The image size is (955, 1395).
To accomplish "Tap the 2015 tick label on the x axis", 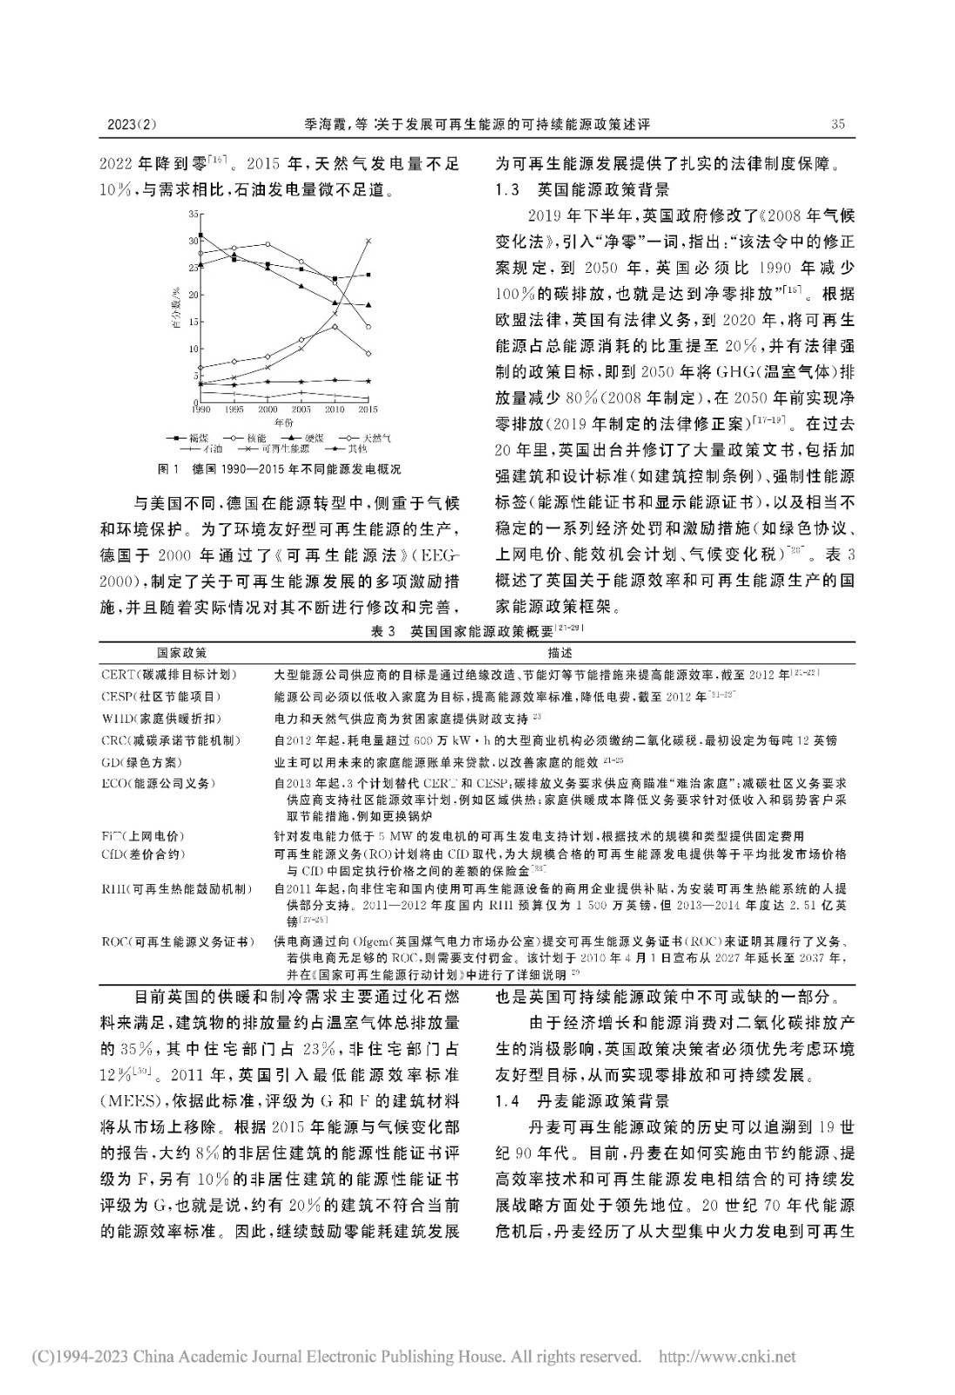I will [368, 409].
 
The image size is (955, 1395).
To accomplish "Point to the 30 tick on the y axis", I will [193, 241].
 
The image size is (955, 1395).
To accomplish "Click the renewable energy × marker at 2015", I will [368, 241].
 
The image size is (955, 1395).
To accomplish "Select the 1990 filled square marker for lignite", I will [201, 235].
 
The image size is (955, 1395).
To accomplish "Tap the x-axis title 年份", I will [285, 421].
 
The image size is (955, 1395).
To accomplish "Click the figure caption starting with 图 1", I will [280, 469].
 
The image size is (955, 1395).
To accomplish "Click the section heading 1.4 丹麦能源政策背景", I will [581, 1100].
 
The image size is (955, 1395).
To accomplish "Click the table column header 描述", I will [560, 652].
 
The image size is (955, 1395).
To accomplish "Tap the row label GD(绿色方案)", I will [142, 762].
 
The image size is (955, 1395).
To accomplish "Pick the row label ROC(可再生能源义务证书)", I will [177, 942].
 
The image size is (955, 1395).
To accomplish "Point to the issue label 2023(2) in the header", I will [131, 124].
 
